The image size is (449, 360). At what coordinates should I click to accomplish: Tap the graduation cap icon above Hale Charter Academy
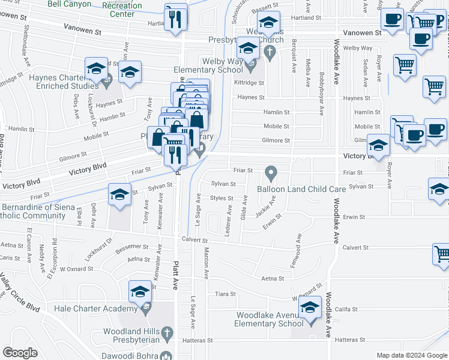click(x=140, y=292)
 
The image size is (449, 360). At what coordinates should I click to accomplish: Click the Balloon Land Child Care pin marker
click(x=271, y=173)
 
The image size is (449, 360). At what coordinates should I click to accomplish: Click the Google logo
click(x=20, y=353)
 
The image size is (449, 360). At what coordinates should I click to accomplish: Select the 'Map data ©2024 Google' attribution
click(x=411, y=355)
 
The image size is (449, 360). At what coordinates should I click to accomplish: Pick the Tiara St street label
click(x=225, y=294)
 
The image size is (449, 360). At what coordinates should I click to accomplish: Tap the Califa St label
click(x=346, y=310)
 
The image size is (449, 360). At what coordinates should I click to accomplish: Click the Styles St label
click(x=221, y=197)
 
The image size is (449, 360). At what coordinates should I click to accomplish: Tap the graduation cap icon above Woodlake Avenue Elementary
click(x=310, y=308)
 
